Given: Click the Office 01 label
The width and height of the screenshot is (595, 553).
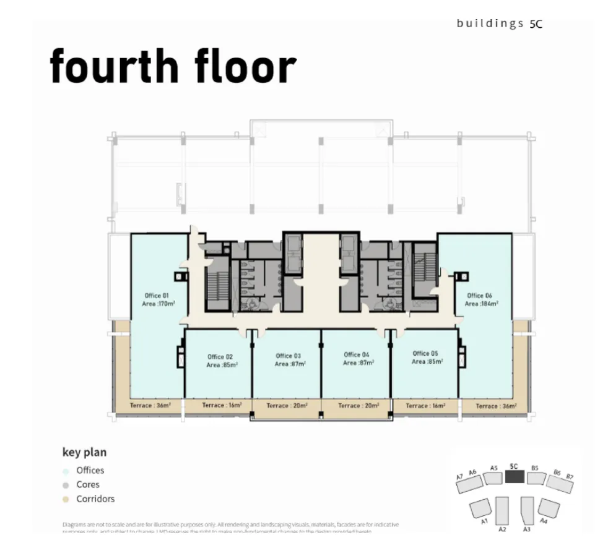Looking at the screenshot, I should [156, 296].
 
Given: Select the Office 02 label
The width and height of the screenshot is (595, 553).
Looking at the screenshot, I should [220, 357].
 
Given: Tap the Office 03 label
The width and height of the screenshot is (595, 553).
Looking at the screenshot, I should [288, 356].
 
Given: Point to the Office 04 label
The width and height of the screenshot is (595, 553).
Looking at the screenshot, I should [357, 355].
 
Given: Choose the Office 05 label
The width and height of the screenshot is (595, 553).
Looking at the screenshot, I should [425, 353].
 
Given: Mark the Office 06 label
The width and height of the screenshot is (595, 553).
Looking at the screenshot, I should [480, 296].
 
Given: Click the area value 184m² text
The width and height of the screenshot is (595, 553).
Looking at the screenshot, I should [481, 304].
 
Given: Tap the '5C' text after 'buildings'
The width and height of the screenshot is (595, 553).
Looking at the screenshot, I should [536, 24].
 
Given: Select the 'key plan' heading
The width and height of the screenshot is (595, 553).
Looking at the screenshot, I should [84, 452].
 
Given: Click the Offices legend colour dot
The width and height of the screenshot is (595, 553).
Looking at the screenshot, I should [66, 471].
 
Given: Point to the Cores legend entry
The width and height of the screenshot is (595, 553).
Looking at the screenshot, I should [87, 485].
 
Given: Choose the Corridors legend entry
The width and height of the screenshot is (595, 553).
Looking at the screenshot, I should [95, 499].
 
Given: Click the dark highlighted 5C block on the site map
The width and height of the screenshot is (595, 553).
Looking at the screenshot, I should [514, 477].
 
